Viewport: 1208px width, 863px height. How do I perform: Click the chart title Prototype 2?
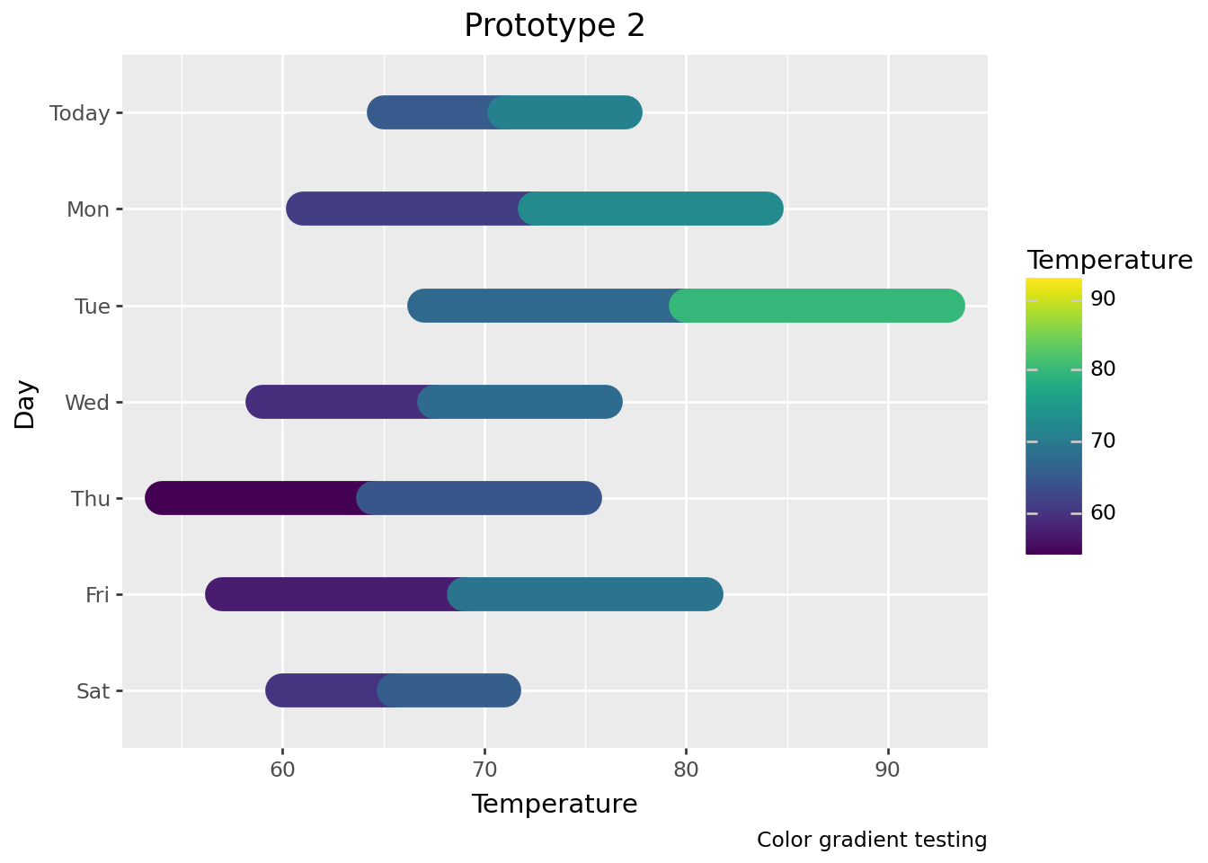[555, 26]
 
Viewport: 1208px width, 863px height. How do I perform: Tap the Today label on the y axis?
[80, 113]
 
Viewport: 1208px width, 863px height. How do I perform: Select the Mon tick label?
[88, 209]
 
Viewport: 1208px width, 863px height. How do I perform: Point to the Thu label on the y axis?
[91, 499]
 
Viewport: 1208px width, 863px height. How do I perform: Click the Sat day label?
[93, 691]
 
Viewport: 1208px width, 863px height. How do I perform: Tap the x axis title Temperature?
[555, 804]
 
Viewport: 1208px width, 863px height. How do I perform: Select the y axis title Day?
[25, 404]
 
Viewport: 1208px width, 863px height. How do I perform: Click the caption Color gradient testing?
[872, 840]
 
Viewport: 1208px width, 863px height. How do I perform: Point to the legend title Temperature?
[1110, 261]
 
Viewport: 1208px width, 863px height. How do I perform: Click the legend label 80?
[1103, 369]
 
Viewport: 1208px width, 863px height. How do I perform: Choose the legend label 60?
[1103, 512]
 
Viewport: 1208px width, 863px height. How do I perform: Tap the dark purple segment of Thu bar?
[252, 498]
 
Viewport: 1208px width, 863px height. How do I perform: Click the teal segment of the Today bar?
[566, 112]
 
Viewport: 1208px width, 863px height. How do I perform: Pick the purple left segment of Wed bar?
[333, 402]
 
